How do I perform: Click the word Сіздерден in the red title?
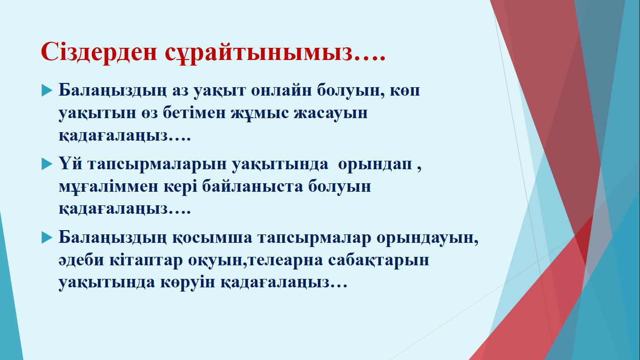click(99, 52)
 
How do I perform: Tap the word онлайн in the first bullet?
click(281, 90)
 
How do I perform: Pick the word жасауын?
click(331, 114)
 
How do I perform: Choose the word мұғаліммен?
click(109, 187)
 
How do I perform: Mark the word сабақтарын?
click(379, 261)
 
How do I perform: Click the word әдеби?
click(82, 260)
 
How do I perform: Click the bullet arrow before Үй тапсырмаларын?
click(47, 164)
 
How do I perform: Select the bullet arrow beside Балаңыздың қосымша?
click(47, 237)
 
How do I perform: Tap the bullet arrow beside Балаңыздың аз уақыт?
click(47, 90)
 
